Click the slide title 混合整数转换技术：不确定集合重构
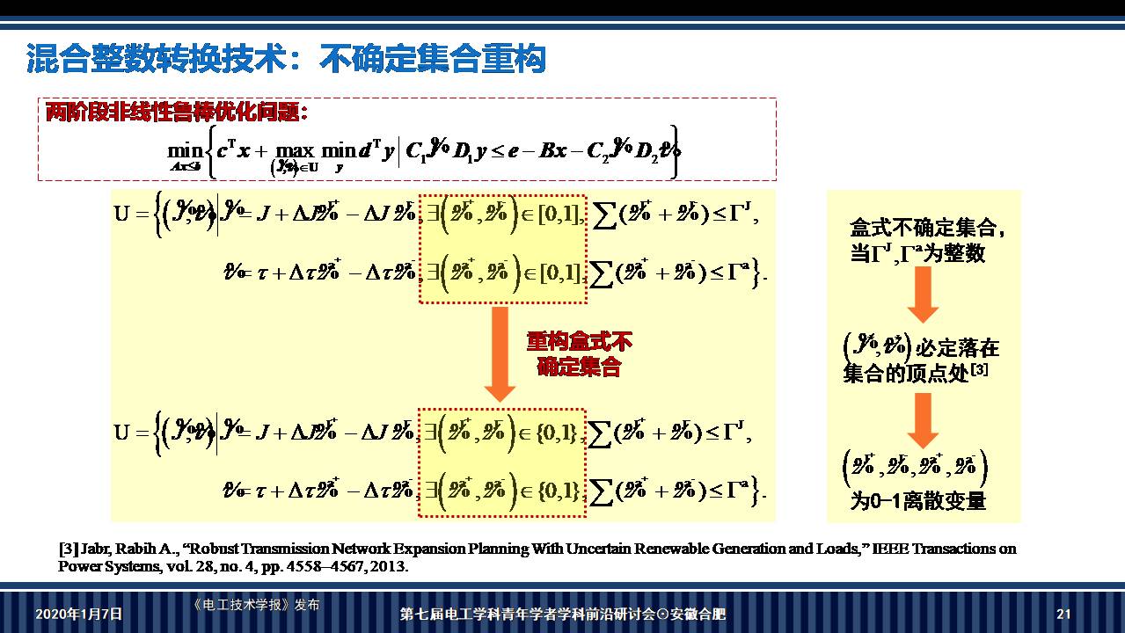pyautogui.click(x=286, y=60)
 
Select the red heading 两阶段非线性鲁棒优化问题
pyautogui.click(x=176, y=113)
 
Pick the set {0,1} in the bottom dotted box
pyautogui.click(x=557, y=433)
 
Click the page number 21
pyautogui.click(x=1063, y=614)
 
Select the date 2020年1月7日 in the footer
pyautogui.click(x=79, y=614)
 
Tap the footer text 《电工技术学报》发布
pyautogui.click(x=255, y=605)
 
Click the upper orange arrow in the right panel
pyautogui.click(x=922, y=294)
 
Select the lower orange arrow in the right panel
pyautogui.click(x=922, y=419)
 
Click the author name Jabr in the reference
pyautogui.click(x=97, y=549)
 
